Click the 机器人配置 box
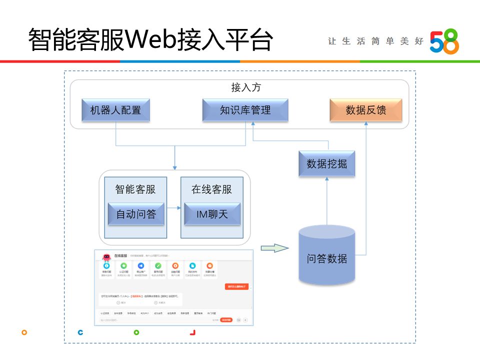[x=115, y=110]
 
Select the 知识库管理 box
[x=245, y=110]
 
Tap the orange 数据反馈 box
[x=366, y=110]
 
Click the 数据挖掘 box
[x=326, y=163]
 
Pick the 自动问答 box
[x=136, y=214]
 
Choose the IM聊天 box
[x=212, y=214]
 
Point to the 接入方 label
[x=245, y=87]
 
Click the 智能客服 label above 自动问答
[x=135, y=189]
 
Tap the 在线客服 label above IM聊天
[x=212, y=189]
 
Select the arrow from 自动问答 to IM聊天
[x=172, y=207]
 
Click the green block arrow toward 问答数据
[x=274, y=247]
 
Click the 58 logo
[x=444, y=41]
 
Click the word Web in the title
[x=149, y=40]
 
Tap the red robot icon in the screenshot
[x=106, y=257]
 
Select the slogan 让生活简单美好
[x=375, y=41]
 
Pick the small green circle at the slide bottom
[x=136, y=332]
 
